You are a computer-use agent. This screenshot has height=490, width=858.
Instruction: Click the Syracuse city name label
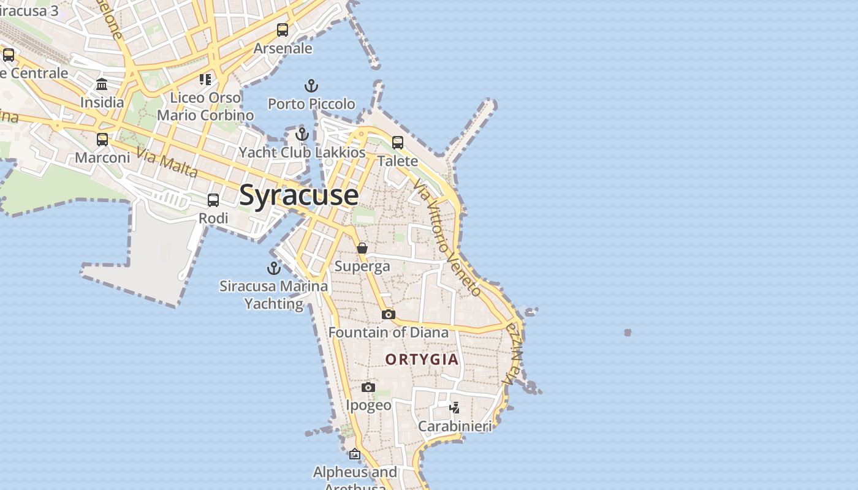[x=298, y=195]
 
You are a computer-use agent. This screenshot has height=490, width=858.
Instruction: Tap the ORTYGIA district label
[x=422, y=360]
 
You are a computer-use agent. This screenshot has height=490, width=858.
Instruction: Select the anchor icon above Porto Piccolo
[x=311, y=86]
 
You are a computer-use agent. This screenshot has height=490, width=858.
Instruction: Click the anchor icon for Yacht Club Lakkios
[x=302, y=134]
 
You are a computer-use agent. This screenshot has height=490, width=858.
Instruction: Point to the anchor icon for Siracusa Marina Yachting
[x=273, y=268]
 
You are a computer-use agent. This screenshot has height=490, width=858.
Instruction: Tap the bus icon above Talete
[x=398, y=143]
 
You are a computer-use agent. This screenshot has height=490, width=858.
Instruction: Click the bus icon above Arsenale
[x=283, y=30]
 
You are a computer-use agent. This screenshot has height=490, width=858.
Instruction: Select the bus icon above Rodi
[x=213, y=200]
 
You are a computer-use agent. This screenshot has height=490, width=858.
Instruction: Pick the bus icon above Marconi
[x=102, y=140]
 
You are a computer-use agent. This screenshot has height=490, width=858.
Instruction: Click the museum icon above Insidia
[x=102, y=85]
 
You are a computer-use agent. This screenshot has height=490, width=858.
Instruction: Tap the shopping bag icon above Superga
[x=362, y=248]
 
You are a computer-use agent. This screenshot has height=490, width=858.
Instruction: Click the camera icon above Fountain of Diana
[x=388, y=314]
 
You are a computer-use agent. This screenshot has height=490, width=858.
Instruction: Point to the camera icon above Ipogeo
[x=368, y=387]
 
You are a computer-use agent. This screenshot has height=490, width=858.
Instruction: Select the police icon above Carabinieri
[x=454, y=407]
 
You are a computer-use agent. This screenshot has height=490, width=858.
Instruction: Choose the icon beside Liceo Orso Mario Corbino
[x=205, y=80]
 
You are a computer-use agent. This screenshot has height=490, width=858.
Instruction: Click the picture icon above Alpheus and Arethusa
[x=354, y=454]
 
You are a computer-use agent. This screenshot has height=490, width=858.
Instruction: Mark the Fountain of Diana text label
[x=389, y=333]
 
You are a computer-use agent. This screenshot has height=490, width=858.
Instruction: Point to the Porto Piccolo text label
[x=311, y=104]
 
